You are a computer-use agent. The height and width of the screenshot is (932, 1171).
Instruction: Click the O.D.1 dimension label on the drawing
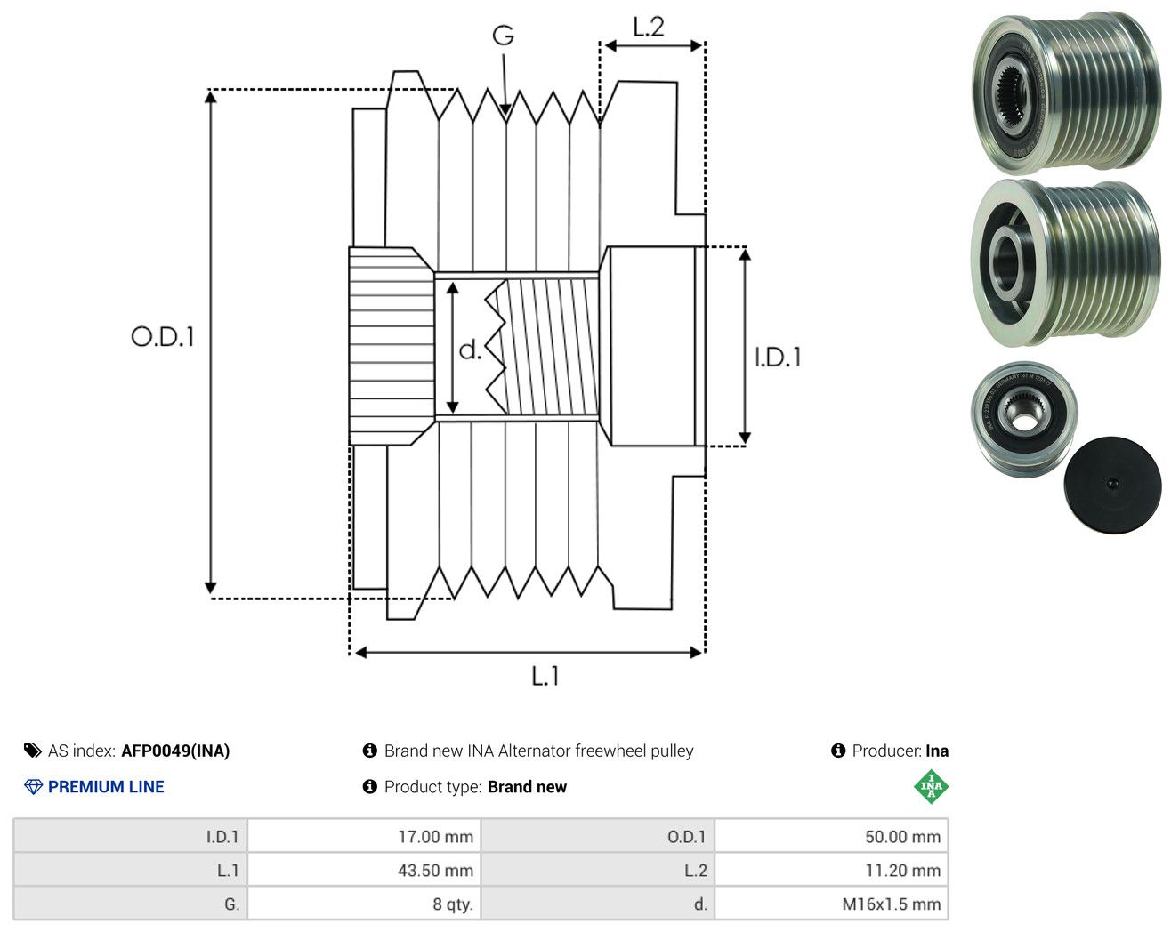(163, 336)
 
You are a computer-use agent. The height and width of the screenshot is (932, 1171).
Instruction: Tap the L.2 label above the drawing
(649, 27)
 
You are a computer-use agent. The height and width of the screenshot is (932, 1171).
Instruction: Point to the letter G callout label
(504, 36)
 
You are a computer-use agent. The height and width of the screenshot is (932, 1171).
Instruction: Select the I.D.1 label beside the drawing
(778, 358)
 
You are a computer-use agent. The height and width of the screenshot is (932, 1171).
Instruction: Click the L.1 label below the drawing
(545, 676)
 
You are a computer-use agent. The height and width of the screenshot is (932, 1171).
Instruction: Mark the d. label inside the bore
(470, 349)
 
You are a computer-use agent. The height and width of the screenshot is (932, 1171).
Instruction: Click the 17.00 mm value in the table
(435, 837)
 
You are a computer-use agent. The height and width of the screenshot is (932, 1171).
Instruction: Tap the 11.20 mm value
(903, 871)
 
